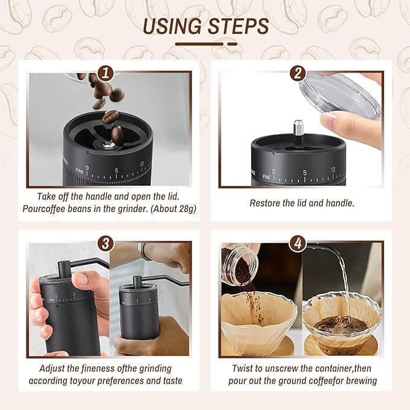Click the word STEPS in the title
tap(237, 26)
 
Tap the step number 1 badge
tap(106, 74)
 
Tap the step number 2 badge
tap(297, 74)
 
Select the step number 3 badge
tap(106, 243)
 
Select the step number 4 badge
tap(297, 243)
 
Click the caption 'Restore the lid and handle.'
tap(302, 203)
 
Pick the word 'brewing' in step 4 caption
tap(360, 380)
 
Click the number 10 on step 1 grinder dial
tap(141, 164)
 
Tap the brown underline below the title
tap(205, 43)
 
